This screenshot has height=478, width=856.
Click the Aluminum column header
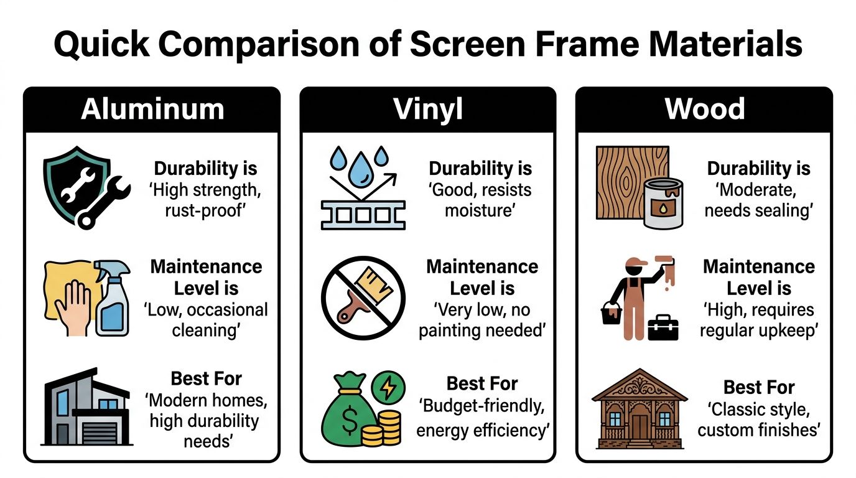click(x=152, y=110)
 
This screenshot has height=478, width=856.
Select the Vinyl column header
click(x=428, y=110)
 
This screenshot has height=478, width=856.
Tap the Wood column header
click(x=704, y=110)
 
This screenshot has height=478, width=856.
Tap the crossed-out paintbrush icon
click(x=363, y=298)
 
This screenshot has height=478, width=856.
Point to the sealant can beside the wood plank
click(x=663, y=202)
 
